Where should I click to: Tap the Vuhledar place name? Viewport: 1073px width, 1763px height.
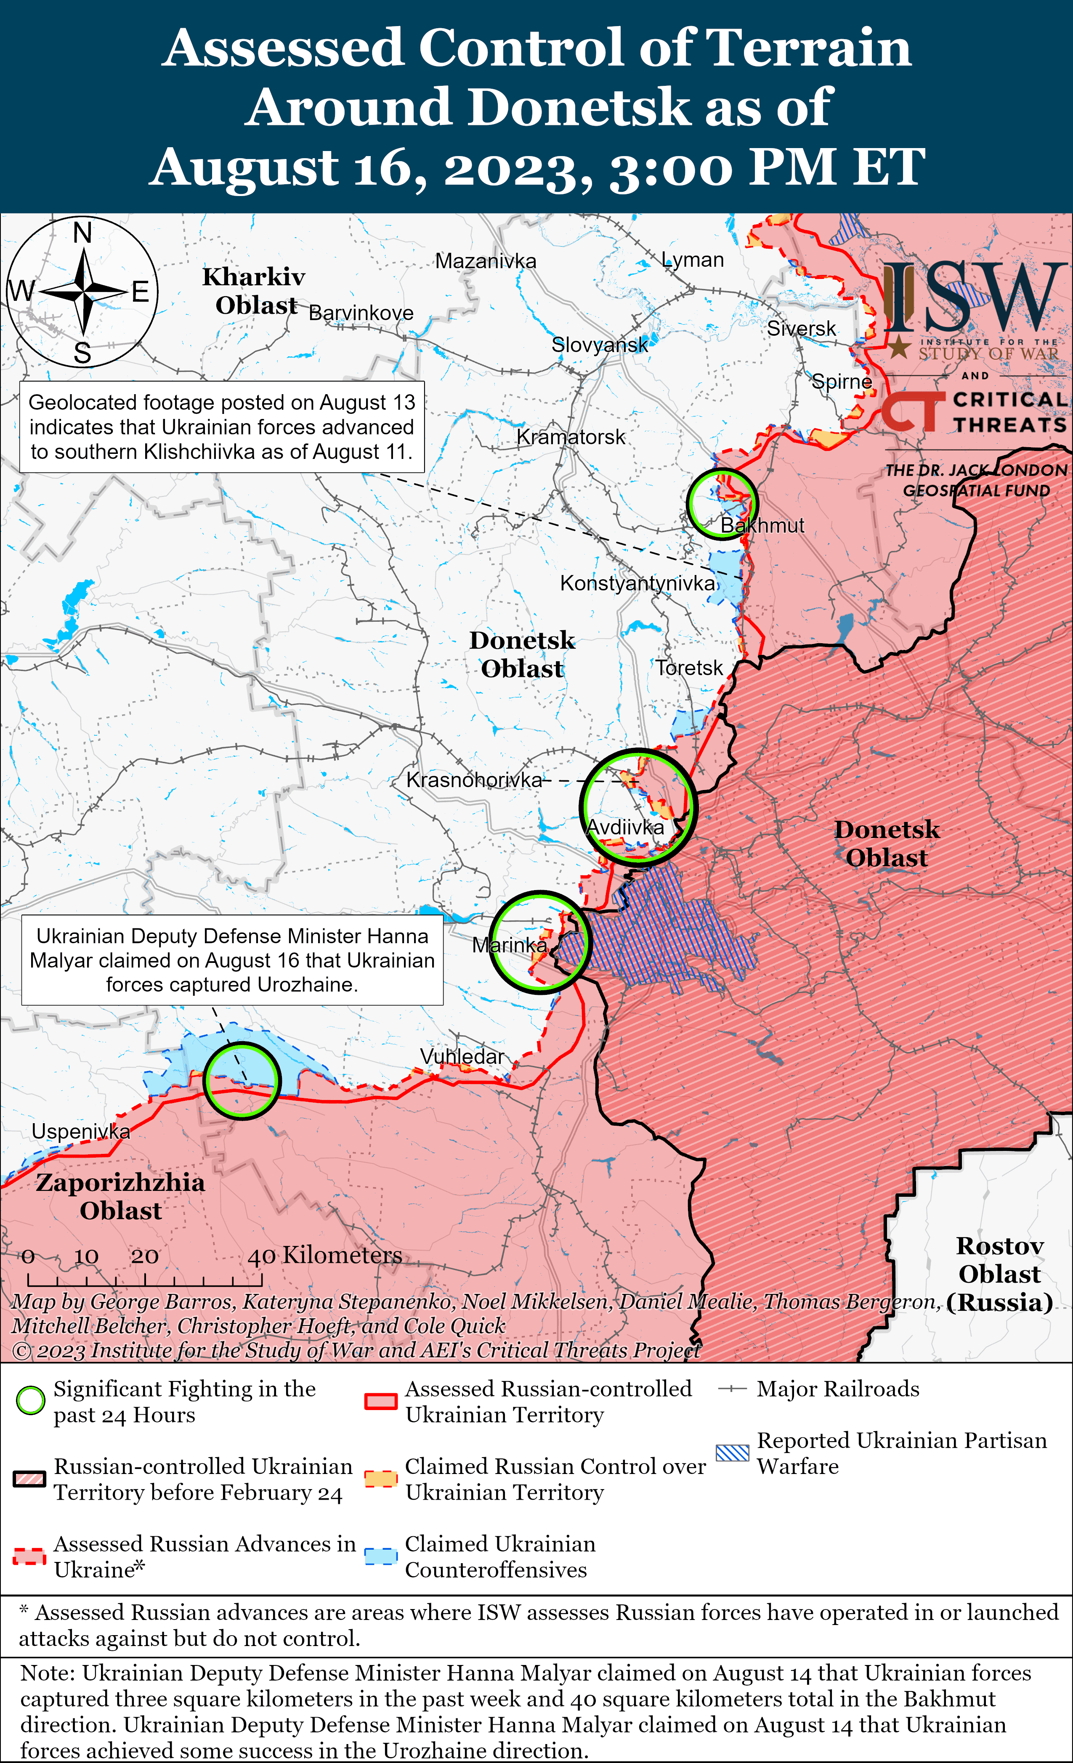click(462, 1056)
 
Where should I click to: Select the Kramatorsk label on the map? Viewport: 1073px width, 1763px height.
click(571, 437)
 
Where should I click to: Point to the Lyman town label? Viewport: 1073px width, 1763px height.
click(692, 260)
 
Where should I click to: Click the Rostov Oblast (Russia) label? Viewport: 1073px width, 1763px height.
click(999, 1274)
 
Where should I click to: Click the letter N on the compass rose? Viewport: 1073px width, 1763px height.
click(82, 233)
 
